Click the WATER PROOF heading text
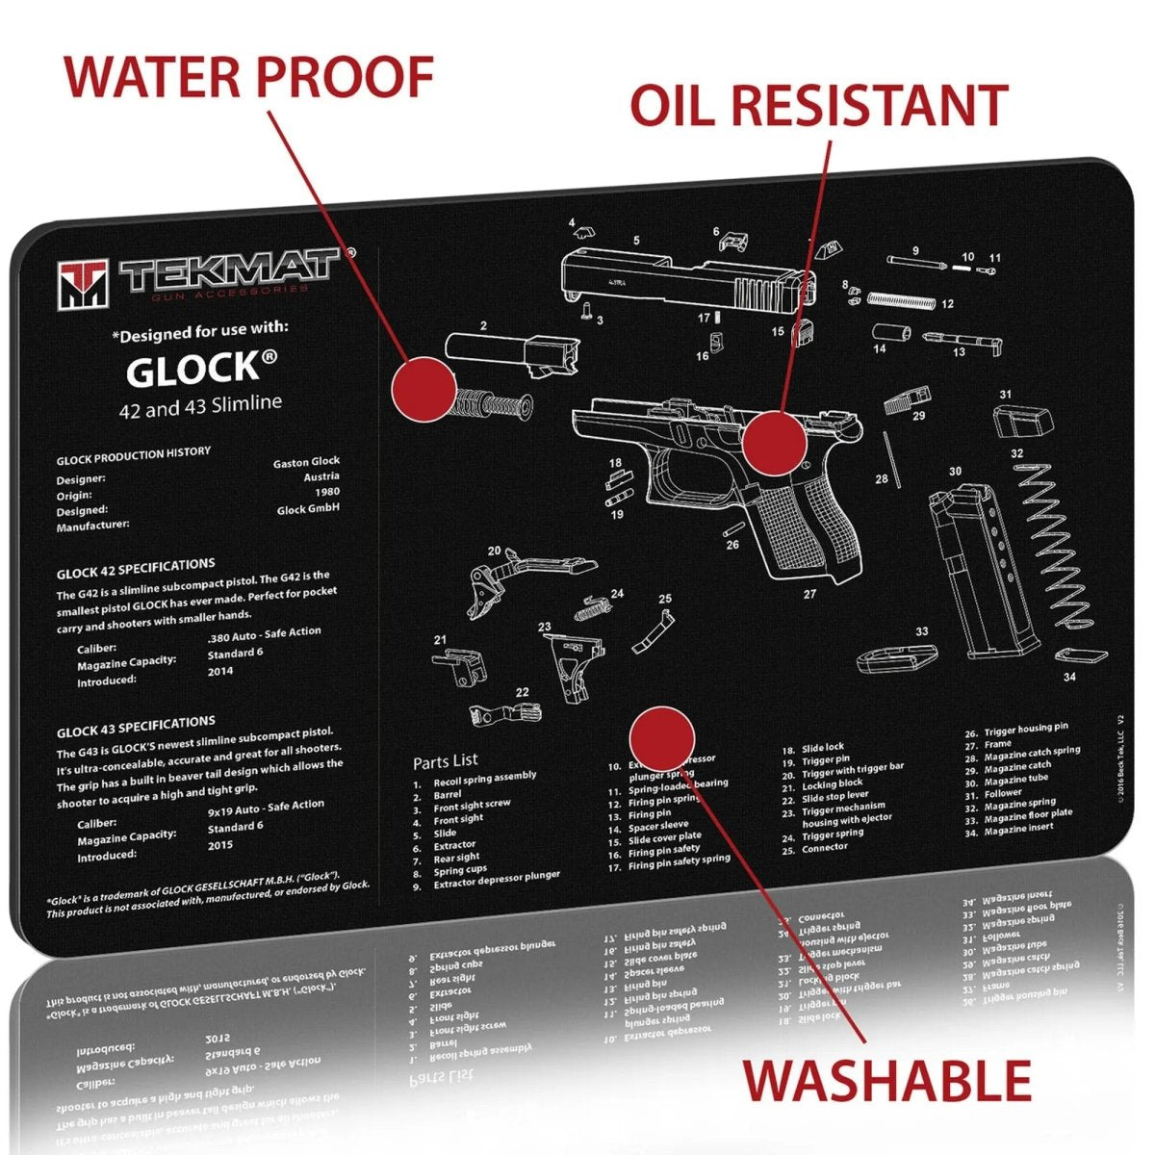(x=248, y=77)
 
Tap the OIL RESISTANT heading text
(x=818, y=105)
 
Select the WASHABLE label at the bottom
(x=886, y=1080)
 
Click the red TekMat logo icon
(x=83, y=284)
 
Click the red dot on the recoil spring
(x=423, y=388)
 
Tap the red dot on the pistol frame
(x=774, y=443)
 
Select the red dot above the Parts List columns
(x=661, y=739)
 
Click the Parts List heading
(x=445, y=761)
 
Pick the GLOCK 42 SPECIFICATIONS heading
(x=135, y=570)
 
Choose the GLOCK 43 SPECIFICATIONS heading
(x=135, y=728)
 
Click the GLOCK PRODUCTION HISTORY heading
(x=133, y=455)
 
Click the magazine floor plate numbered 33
(x=895, y=657)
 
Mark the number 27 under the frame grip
(x=809, y=594)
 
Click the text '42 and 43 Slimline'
(x=200, y=405)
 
